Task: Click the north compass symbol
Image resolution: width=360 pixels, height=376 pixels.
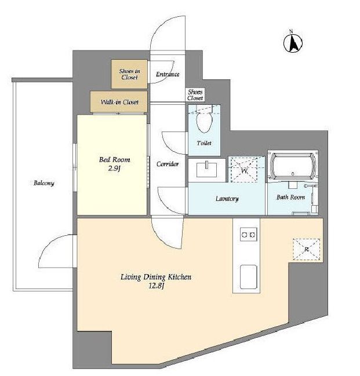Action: [x=293, y=43]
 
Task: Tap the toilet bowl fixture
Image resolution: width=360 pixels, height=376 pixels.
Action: [x=204, y=119]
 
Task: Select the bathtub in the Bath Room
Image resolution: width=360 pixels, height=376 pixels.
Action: [x=293, y=166]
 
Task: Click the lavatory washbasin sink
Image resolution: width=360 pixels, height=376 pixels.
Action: [x=206, y=169]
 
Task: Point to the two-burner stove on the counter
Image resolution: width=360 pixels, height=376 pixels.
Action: [x=249, y=234]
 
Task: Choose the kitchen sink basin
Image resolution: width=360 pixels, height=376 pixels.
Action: [x=248, y=277]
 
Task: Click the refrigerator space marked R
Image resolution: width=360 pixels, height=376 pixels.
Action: [x=307, y=249]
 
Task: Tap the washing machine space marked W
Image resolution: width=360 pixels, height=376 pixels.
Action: [x=244, y=169]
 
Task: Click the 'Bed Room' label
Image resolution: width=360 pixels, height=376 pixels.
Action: [x=114, y=160]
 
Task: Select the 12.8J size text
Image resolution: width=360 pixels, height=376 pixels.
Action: [x=157, y=286]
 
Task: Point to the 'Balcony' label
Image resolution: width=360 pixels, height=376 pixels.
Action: [x=44, y=183]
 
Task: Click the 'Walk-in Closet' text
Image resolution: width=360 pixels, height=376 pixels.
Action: [x=119, y=102]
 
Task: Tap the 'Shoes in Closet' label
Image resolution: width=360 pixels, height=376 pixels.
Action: [x=130, y=74]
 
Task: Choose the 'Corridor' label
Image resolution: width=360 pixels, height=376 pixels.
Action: [x=168, y=164]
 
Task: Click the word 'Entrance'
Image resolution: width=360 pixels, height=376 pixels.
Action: [x=168, y=74]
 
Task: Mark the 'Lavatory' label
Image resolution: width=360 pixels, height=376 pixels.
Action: [x=227, y=199]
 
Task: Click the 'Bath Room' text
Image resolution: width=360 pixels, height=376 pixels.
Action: [x=290, y=197]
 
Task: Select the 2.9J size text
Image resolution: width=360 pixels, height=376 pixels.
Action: [x=114, y=169]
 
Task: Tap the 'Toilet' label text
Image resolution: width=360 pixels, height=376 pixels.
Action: [x=204, y=143]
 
